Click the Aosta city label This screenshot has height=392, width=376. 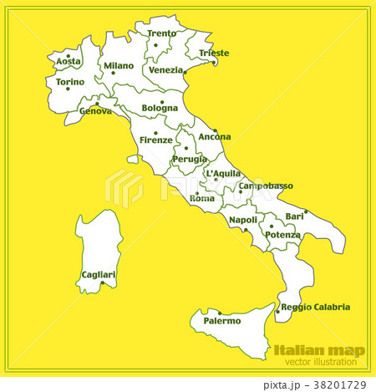[x=69, y=62]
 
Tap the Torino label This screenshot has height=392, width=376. [x=69, y=82]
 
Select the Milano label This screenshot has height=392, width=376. [x=119, y=65]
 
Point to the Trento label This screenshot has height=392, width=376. [x=161, y=34]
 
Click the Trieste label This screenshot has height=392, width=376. [x=213, y=53]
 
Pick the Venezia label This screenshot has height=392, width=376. [x=166, y=70]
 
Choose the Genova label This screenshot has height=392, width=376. [x=95, y=110]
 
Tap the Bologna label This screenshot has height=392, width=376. [x=160, y=108]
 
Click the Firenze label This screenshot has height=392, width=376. [x=156, y=140]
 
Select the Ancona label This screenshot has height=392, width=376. [x=215, y=136]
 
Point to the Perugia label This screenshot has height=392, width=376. [x=190, y=159]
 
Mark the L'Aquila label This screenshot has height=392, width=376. [x=223, y=174]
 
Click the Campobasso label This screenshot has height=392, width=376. [x=266, y=186]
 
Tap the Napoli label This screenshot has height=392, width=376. [x=243, y=220]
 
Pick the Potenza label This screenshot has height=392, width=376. [x=282, y=235]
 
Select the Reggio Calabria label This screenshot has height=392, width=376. [x=315, y=307]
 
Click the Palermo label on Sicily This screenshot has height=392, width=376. [x=222, y=320]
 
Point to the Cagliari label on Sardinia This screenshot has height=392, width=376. [x=99, y=274]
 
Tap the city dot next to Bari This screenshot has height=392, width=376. [x=305, y=211]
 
